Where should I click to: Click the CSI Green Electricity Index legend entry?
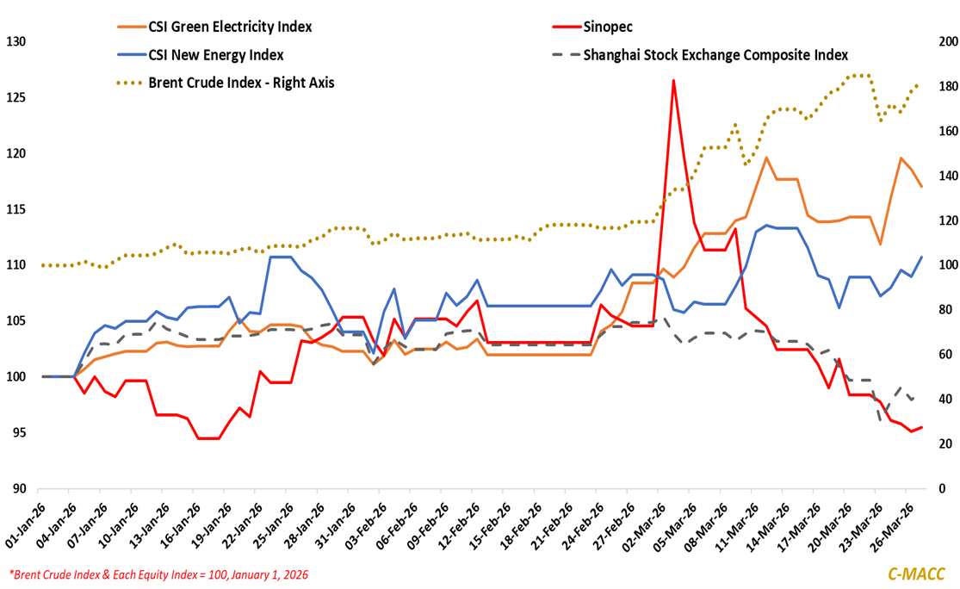[x=228, y=27]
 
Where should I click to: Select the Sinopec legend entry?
[x=608, y=27]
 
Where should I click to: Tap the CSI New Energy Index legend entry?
[x=215, y=55]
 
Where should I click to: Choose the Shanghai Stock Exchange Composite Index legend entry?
[x=715, y=55]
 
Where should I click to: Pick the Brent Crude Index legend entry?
[x=240, y=83]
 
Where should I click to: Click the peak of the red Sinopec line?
[x=673, y=80]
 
